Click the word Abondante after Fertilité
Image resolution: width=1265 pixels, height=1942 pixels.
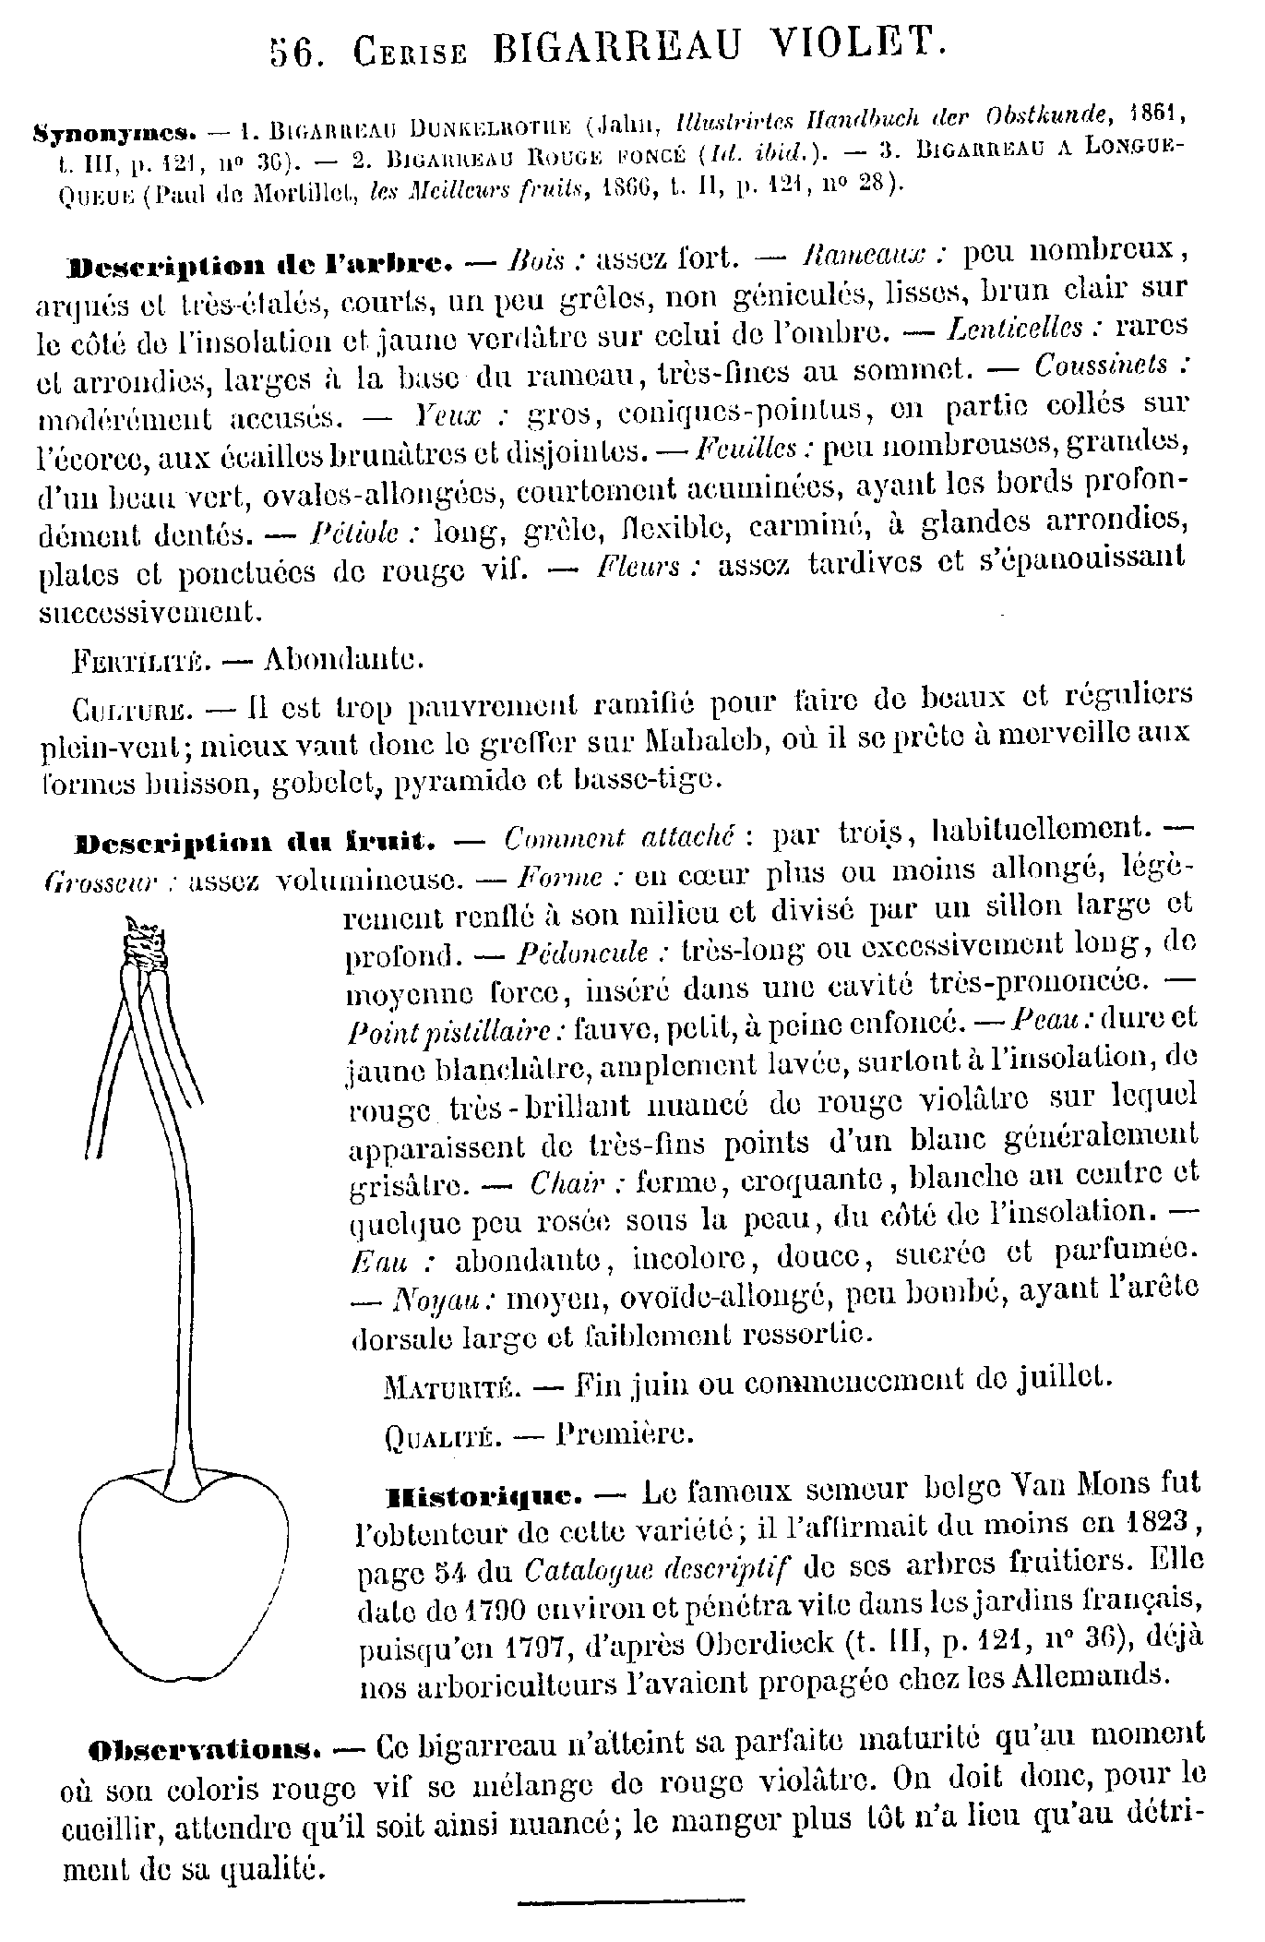[343, 661]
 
